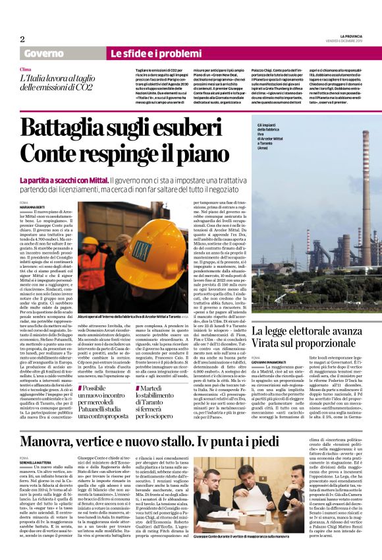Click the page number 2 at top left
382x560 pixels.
(22, 39)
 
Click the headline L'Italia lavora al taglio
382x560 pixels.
(56, 82)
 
